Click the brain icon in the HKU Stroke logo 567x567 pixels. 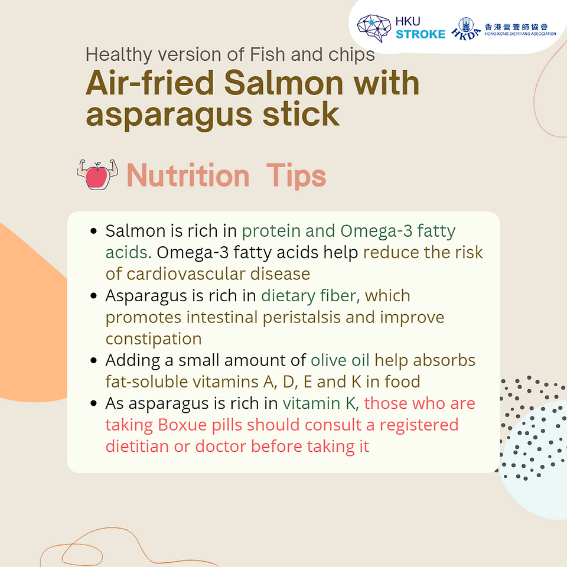(x=374, y=28)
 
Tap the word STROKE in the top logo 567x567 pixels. (x=421, y=34)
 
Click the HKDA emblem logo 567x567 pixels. (x=466, y=28)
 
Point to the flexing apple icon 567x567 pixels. (x=97, y=174)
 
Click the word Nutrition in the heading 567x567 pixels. (x=188, y=176)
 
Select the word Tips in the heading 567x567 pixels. (x=296, y=176)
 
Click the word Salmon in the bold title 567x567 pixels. (x=283, y=83)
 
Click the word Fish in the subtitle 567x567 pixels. (x=268, y=54)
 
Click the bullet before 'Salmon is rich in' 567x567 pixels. (x=94, y=231)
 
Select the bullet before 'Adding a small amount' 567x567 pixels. (x=94, y=360)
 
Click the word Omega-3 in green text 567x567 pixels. (x=376, y=231)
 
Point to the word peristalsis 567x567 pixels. (x=302, y=318)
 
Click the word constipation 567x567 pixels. (x=154, y=339)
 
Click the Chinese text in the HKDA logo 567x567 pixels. (x=516, y=27)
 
